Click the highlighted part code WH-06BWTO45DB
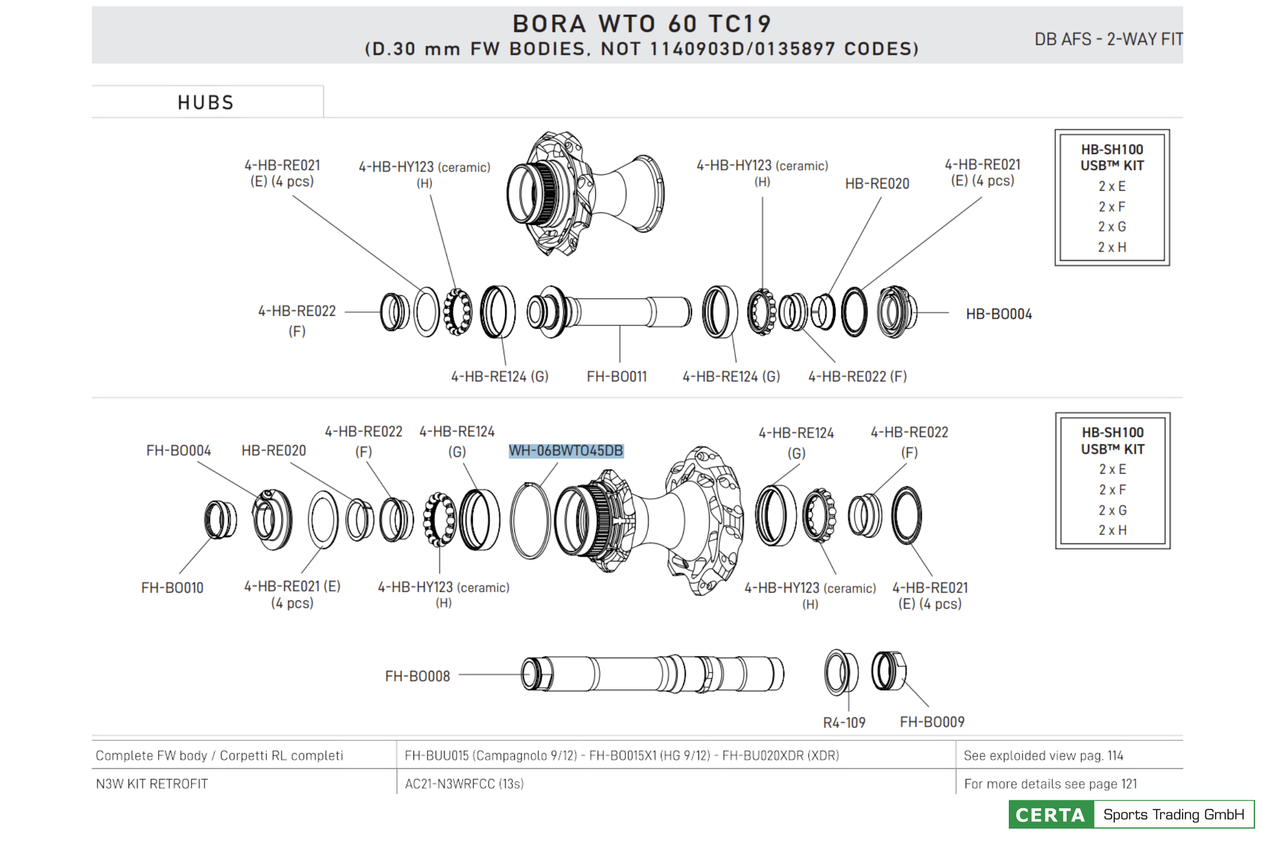(566, 451)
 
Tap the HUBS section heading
(206, 102)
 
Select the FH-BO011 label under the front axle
(617, 376)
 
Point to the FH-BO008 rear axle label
(417, 676)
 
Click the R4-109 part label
(844, 723)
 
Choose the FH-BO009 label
(932, 722)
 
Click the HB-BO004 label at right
(999, 314)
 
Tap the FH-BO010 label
(172, 588)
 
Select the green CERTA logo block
(1051, 814)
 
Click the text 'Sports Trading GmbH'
(1174, 814)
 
